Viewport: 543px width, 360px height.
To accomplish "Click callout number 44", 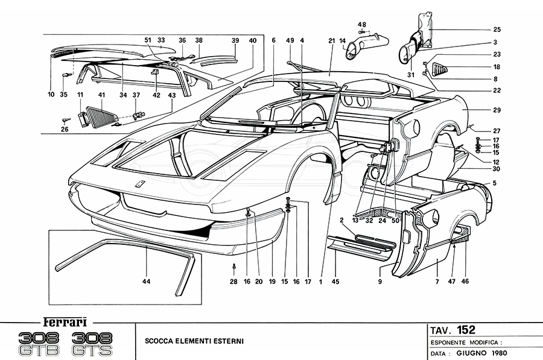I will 147,282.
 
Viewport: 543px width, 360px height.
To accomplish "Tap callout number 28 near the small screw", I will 234,282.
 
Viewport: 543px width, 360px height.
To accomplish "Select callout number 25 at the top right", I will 497,29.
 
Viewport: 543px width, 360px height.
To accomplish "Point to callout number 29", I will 497,111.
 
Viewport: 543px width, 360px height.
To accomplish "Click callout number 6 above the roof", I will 273,40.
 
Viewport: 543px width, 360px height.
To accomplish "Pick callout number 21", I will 331,40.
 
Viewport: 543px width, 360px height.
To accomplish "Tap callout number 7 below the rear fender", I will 437,282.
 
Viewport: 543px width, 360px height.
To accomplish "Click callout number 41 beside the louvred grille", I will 101,95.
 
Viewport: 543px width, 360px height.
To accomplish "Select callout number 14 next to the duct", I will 343,41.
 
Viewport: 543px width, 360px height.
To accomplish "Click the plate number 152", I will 465,329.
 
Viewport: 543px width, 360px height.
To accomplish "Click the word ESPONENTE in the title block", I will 453,341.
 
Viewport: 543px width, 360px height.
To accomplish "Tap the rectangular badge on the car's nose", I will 140,185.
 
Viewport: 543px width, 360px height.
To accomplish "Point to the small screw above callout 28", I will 234,266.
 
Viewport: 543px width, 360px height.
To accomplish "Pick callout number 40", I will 252,40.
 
